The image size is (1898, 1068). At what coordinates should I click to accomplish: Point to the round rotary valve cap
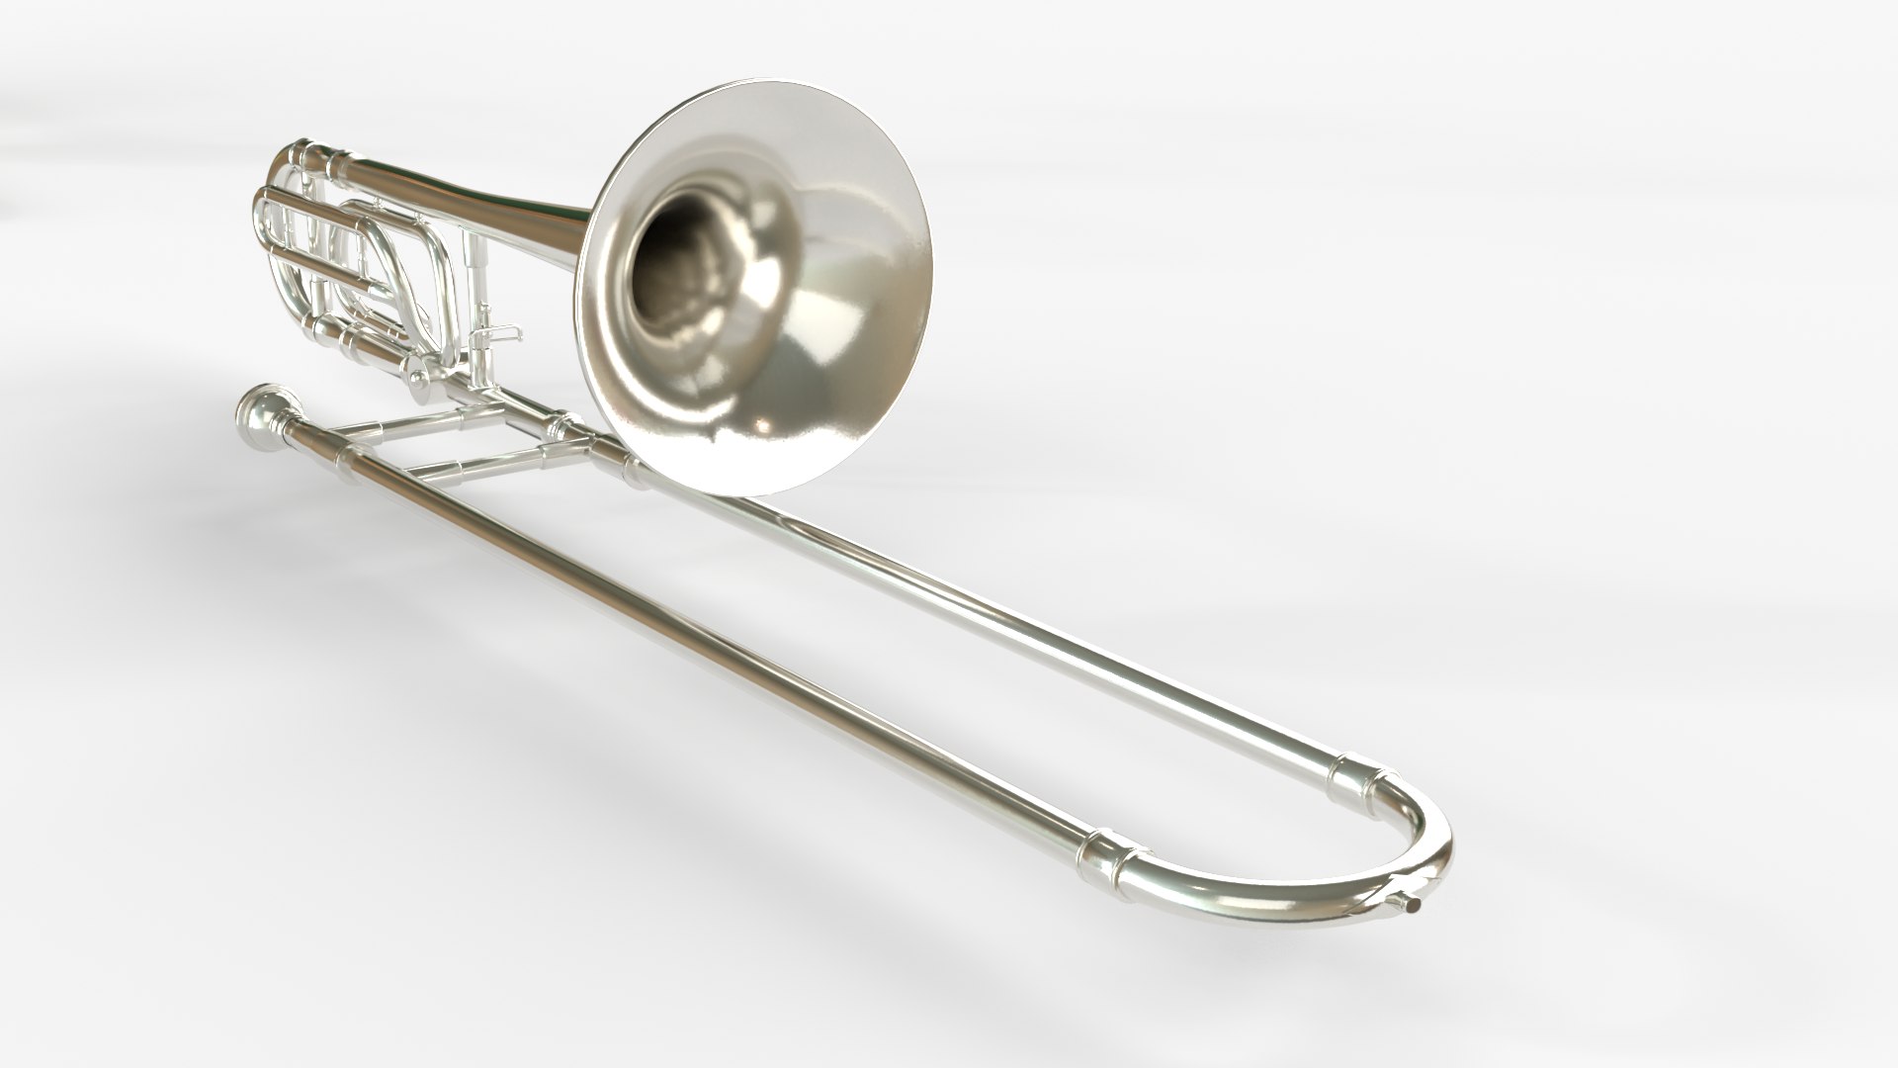(x=419, y=378)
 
